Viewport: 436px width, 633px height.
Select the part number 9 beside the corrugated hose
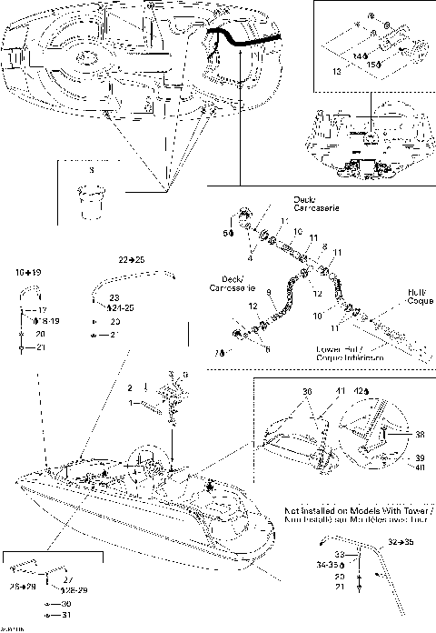[268, 290]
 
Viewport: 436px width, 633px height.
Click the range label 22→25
[133, 259]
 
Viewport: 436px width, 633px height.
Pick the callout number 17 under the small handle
[42, 309]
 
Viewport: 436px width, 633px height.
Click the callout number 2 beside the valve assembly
[131, 387]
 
